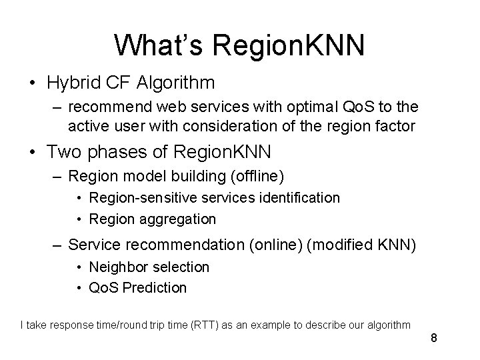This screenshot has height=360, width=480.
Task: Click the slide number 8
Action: click(434, 338)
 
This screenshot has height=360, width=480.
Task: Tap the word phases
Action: click(113, 153)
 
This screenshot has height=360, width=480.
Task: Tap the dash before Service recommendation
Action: click(59, 245)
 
